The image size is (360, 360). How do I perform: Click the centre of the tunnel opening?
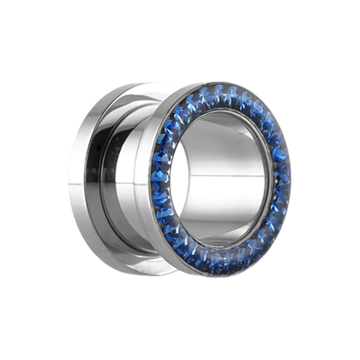tap(224, 178)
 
